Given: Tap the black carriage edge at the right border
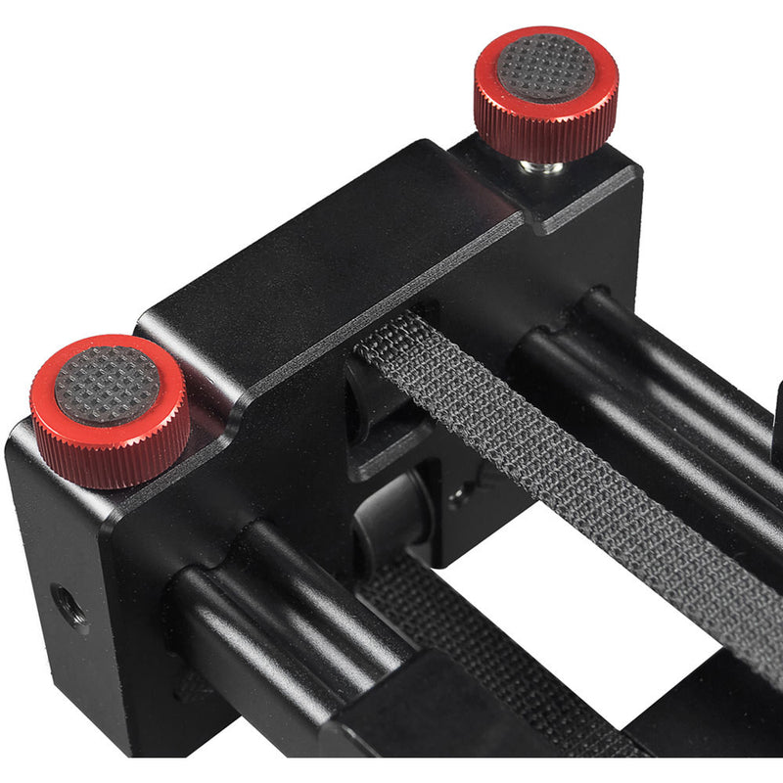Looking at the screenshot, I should (x=775, y=411).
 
